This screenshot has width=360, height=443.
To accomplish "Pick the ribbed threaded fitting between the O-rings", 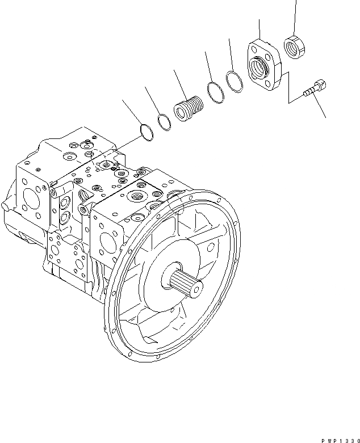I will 188,109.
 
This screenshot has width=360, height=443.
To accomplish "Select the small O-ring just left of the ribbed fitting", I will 165,121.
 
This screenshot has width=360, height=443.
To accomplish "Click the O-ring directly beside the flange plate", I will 234,81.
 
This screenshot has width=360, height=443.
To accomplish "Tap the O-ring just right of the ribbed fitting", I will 215,92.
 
